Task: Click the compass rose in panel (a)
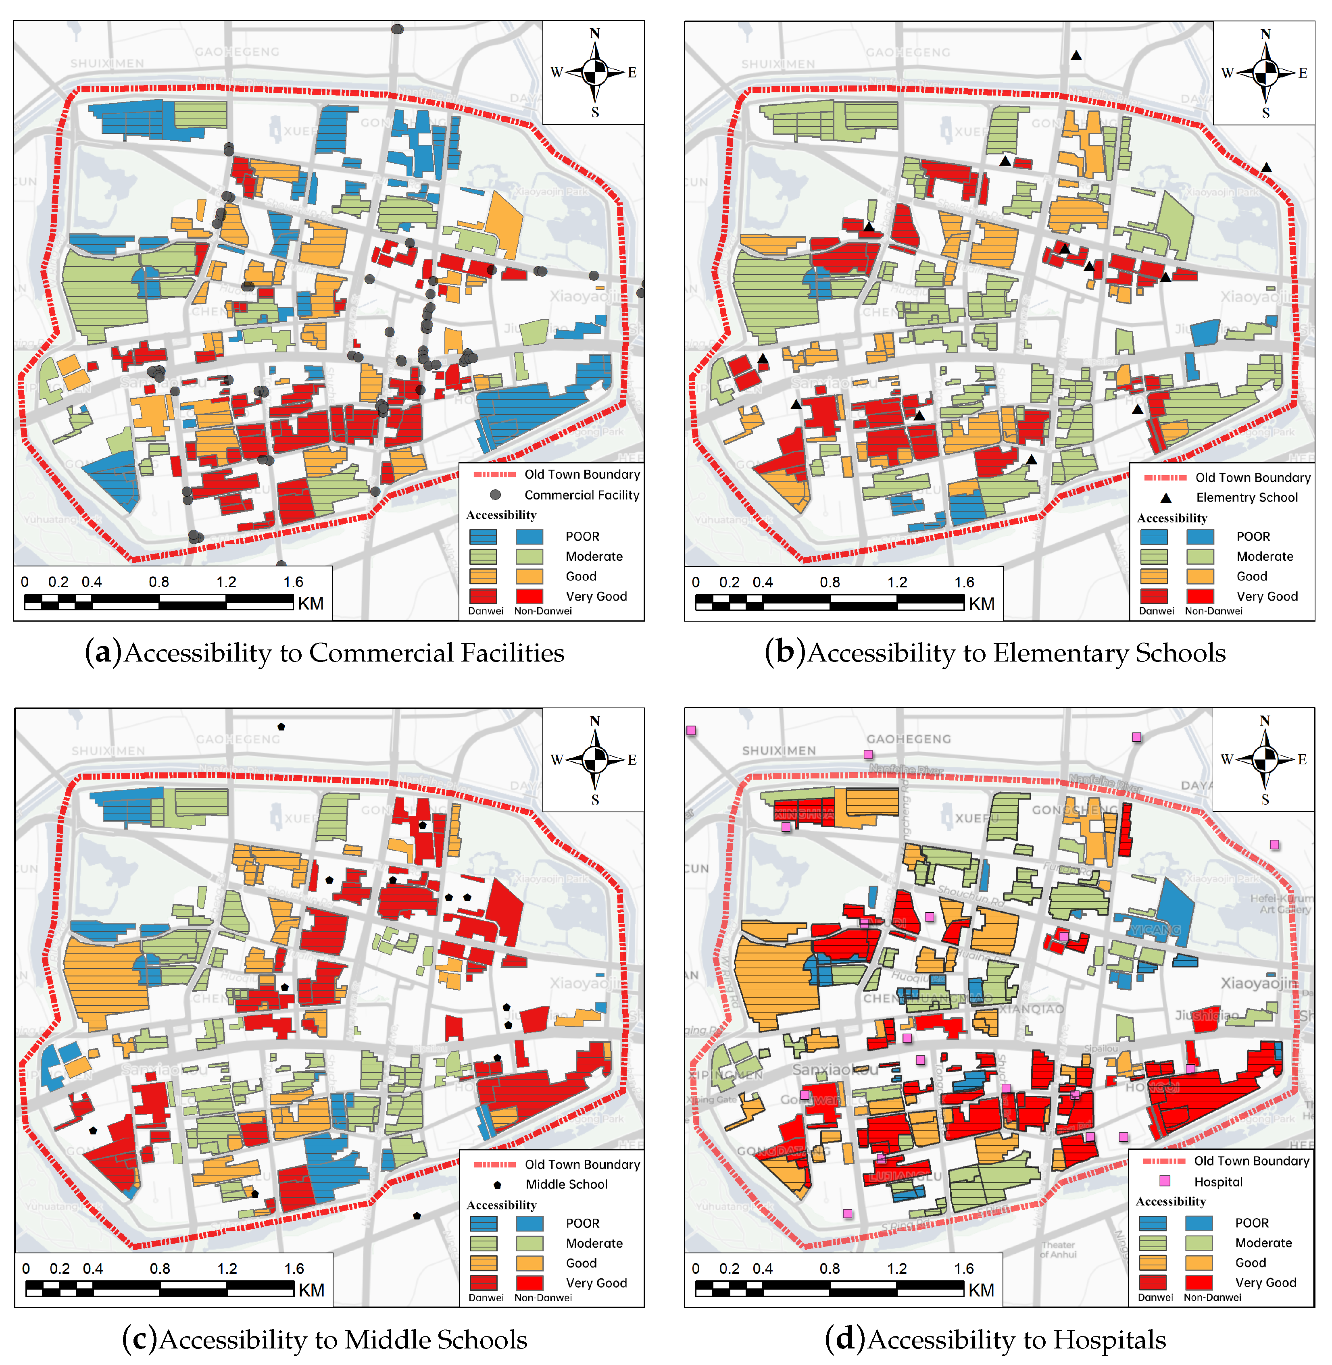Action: [x=594, y=72]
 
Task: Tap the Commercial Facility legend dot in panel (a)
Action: [x=495, y=494]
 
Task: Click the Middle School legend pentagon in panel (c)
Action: [x=497, y=1184]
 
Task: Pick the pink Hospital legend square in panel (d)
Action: [x=1165, y=1181]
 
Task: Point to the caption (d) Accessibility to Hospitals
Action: [x=995, y=1339]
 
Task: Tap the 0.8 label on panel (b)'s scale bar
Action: [x=830, y=582]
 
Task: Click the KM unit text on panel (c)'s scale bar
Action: [x=311, y=1290]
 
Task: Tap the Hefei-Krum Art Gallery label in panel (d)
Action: [x=1283, y=903]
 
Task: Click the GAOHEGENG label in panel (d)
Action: [x=908, y=739]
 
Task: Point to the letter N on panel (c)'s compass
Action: [x=595, y=721]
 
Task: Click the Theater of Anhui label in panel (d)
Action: [x=1058, y=1250]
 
